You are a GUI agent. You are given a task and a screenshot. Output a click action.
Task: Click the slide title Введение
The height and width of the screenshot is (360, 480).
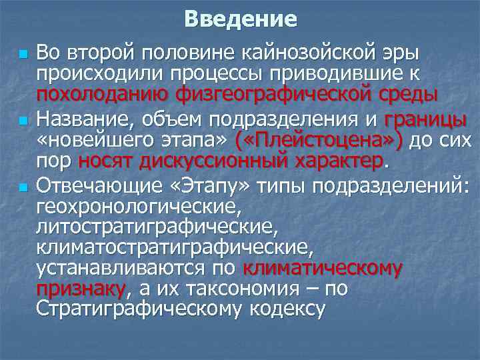pyautogui.click(x=240, y=19)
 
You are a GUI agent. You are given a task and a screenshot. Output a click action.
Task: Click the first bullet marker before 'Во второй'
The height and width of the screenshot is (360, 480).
pyautogui.click(x=24, y=53)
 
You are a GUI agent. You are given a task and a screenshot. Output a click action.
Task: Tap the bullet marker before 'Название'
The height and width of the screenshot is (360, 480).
pyautogui.click(x=24, y=122)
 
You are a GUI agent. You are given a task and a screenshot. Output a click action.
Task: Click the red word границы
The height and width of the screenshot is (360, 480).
pyautogui.click(x=425, y=120)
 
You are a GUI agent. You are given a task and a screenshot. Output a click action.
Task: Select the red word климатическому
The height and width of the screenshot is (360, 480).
pyautogui.click(x=323, y=269)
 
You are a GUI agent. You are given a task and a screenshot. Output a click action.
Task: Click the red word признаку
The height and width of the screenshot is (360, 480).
pyautogui.click(x=80, y=289)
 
